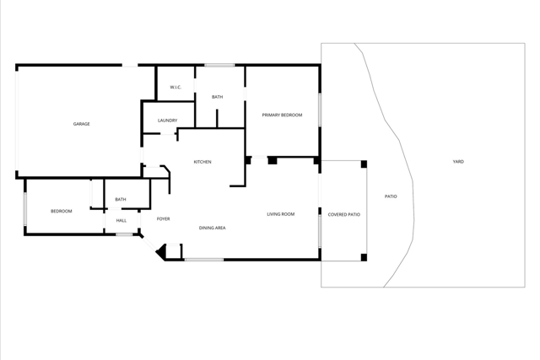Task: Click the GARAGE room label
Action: click(81, 124)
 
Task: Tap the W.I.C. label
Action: click(175, 87)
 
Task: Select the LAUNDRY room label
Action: click(167, 121)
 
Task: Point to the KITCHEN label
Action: click(202, 162)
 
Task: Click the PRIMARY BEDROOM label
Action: click(282, 115)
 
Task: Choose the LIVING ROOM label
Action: click(281, 214)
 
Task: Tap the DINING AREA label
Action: click(212, 228)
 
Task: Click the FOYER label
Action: click(163, 219)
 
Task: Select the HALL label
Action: click(121, 221)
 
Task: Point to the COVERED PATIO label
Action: click(343, 215)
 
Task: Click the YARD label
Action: click(458, 162)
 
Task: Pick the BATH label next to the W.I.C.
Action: click(218, 97)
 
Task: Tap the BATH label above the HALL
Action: click(121, 200)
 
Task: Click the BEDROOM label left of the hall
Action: click(62, 211)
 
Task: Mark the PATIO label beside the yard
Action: click(391, 196)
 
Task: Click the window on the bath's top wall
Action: click(219, 65)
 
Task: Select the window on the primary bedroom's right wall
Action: click(320, 110)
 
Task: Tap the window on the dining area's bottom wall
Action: click(204, 260)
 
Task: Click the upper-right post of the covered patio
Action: click(364, 164)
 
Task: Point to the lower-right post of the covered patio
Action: click(364, 257)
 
